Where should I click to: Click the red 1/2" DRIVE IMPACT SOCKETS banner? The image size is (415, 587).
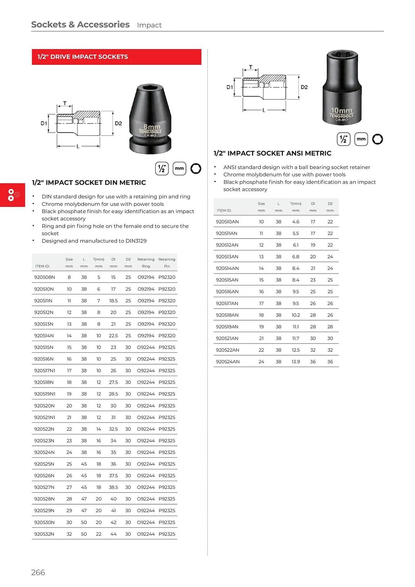(x=117, y=57)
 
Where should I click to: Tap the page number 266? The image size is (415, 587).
(x=38, y=572)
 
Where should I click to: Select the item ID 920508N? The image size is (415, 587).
(x=44, y=277)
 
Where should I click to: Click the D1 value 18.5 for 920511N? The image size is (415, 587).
(x=113, y=301)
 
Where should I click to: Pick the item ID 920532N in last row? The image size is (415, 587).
(x=44, y=534)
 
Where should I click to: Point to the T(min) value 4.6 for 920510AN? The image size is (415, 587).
(x=296, y=222)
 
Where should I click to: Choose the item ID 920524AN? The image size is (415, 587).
(x=227, y=362)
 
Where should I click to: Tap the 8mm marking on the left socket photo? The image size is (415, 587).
(x=152, y=127)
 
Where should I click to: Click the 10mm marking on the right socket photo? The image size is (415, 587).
(x=341, y=110)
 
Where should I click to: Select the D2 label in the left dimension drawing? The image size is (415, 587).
(x=118, y=123)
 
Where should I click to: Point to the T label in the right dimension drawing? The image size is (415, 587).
(x=251, y=67)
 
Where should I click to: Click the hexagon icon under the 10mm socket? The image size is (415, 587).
(x=377, y=139)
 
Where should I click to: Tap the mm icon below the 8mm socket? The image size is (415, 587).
(x=179, y=168)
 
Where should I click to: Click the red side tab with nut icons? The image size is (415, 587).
(x=12, y=195)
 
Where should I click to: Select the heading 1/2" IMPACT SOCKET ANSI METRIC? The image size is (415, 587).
(x=272, y=153)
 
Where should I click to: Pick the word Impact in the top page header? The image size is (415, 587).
(x=149, y=25)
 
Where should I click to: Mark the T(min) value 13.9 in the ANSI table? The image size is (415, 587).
(x=296, y=362)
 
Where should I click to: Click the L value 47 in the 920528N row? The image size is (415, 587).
(x=84, y=499)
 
